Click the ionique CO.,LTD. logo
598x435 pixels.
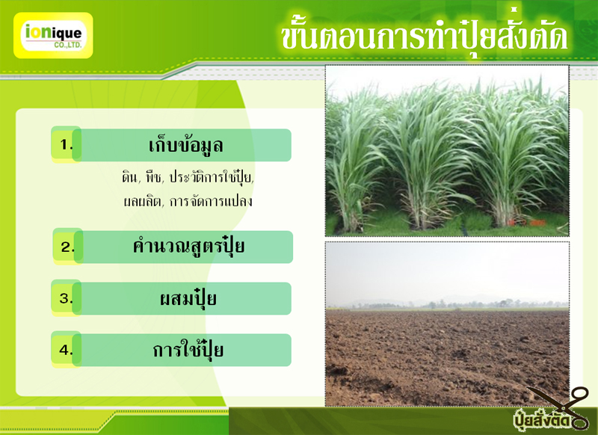click(53, 35)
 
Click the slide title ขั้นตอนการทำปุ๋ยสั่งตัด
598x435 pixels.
click(425, 35)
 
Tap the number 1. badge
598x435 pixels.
click(66, 144)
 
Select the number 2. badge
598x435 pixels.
click(67, 247)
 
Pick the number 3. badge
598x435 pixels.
click(66, 298)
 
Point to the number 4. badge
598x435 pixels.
click(66, 350)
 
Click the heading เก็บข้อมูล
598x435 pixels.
click(185, 145)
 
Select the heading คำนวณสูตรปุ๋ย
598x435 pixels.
click(188, 247)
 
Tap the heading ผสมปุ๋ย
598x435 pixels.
click(188, 298)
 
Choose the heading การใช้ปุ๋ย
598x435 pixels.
click(188, 350)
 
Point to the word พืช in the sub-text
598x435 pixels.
click(154, 177)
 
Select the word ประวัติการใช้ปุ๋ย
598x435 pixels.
click(212, 177)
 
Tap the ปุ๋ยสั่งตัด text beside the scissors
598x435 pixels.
click(541, 420)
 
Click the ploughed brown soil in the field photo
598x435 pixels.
click(447, 357)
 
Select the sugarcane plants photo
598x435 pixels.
click(447, 150)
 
